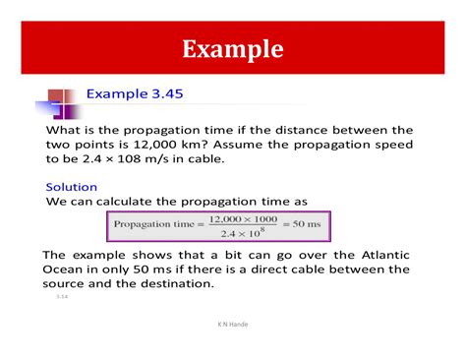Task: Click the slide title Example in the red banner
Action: point(233,48)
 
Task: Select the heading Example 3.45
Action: point(134,94)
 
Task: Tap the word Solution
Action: point(72,187)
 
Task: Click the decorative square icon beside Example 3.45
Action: point(59,102)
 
